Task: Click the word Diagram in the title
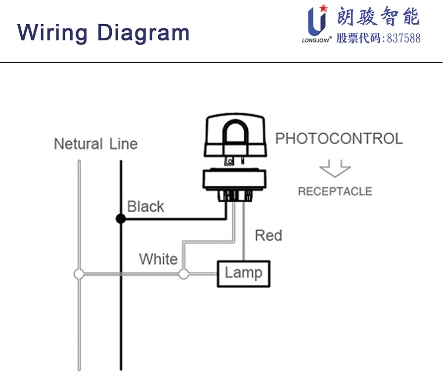(x=143, y=33)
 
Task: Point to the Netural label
(x=78, y=144)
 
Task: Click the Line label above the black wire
(x=124, y=144)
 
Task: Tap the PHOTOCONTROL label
(x=339, y=139)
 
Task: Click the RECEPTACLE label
(x=335, y=192)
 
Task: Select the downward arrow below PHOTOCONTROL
(x=335, y=168)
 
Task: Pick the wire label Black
(x=145, y=206)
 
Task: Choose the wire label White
(x=158, y=259)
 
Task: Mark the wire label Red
(x=268, y=235)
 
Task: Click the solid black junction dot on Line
(x=120, y=218)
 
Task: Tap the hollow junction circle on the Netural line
(x=78, y=274)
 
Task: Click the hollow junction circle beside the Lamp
(x=183, y=274)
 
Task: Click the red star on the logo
(x=324, y=7)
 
